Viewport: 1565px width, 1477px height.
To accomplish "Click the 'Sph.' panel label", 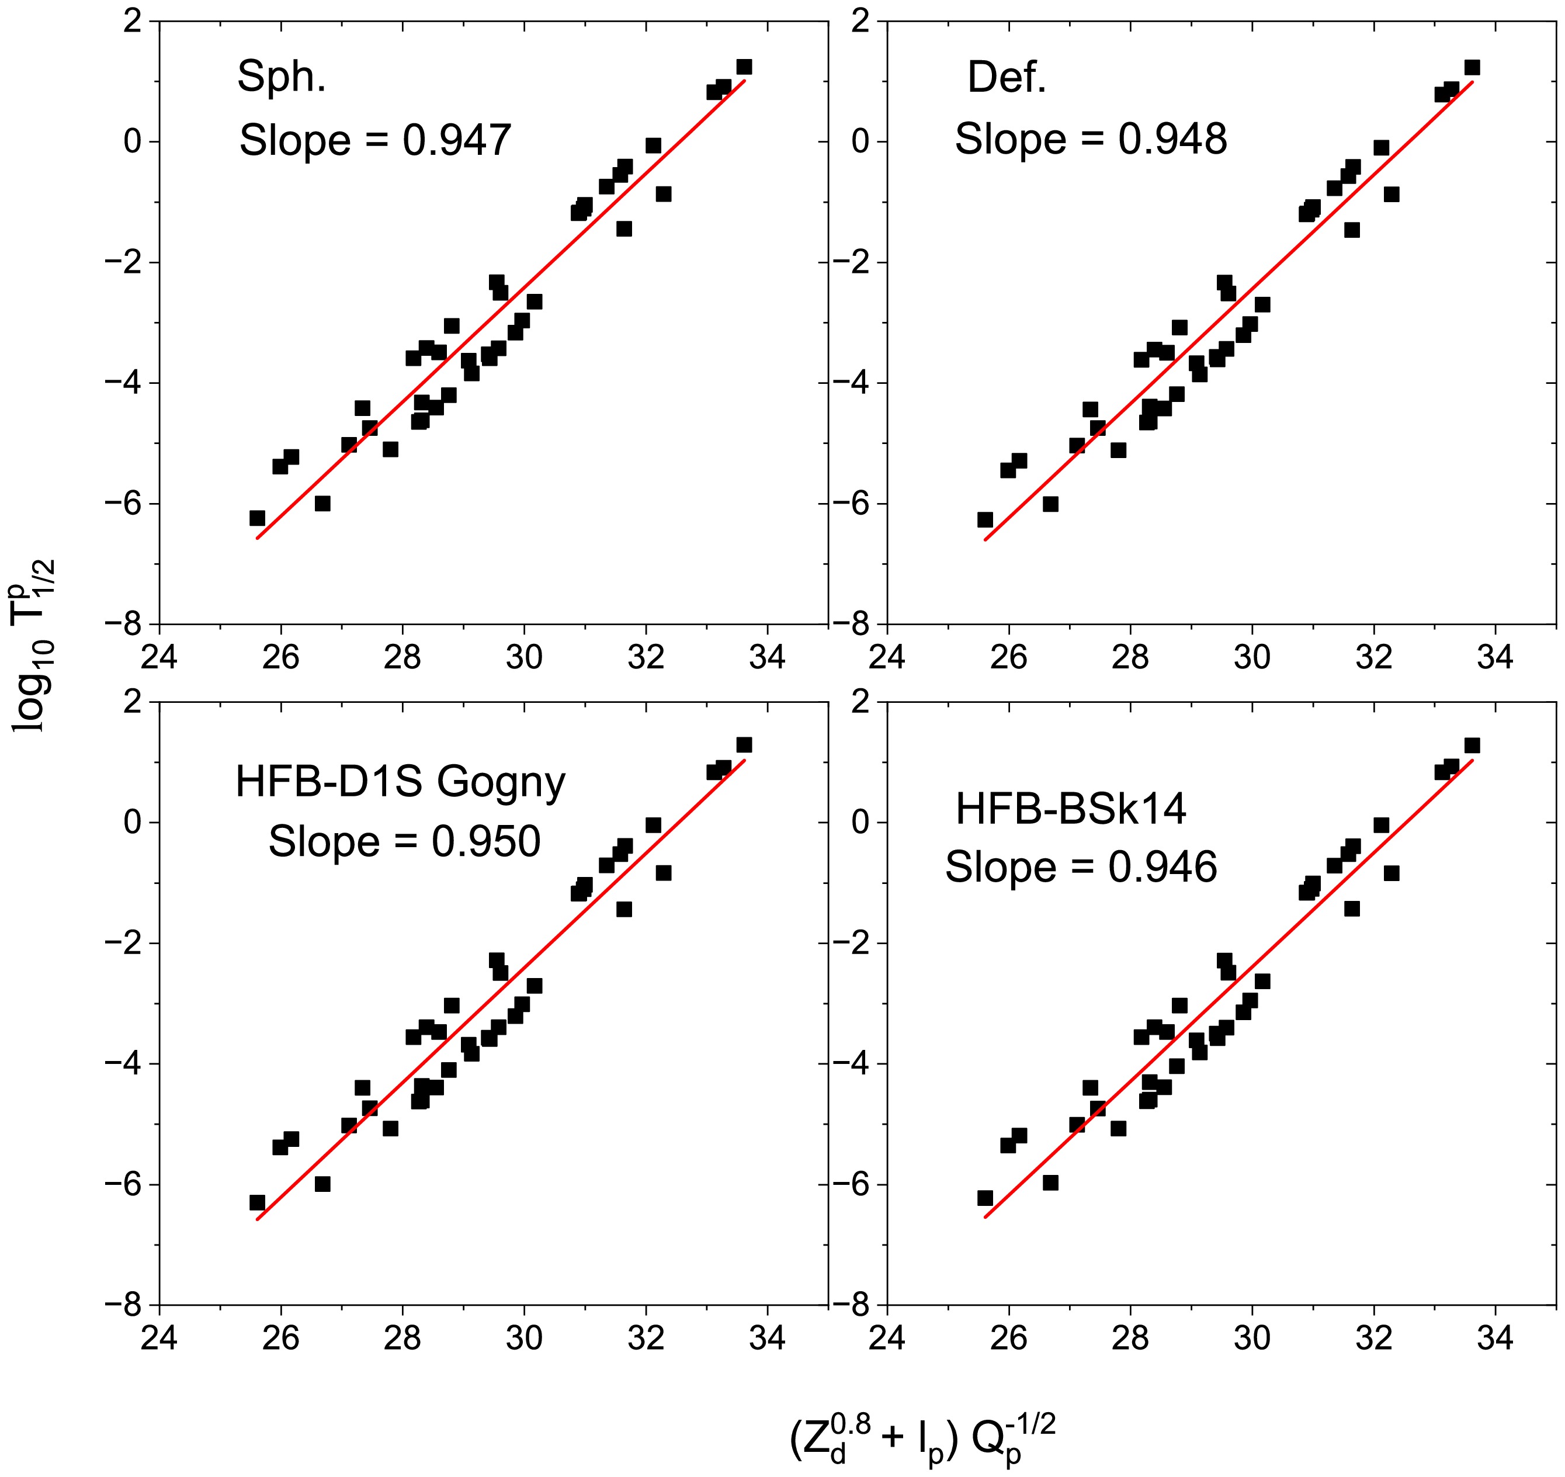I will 281,77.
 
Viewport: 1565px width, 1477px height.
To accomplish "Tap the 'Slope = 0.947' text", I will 376,140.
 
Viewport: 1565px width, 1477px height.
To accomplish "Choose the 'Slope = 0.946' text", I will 1080,867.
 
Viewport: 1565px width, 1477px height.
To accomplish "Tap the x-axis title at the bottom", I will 922,1438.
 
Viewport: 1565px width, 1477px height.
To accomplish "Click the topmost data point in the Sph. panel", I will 744,67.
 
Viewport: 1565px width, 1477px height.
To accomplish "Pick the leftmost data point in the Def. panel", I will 985,519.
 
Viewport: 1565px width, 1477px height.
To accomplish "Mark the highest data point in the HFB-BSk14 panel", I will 1472,745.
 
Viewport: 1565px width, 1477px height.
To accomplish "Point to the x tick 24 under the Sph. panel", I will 159,656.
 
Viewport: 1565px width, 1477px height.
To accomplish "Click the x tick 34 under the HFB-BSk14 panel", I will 1495,1337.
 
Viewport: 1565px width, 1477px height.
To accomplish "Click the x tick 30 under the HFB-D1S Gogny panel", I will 524,1337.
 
